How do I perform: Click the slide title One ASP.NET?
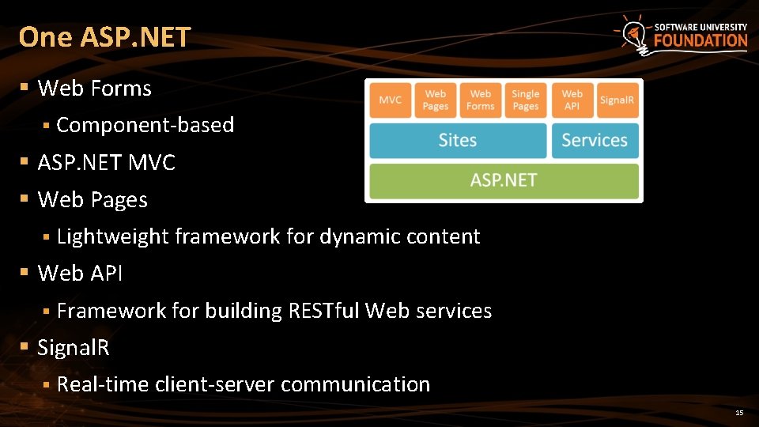pos(104,36)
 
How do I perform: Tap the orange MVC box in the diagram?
pos(391,100)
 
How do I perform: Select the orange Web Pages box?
pos(436,100)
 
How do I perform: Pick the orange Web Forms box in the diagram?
pos(481,100)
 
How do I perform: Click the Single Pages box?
pos(526,100)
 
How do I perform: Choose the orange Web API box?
pos(572,100)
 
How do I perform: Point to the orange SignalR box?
pos(617,100)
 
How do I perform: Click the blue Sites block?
pos(458,140)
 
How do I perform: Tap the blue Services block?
pos(595,140)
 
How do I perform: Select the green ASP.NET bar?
pos(504,180)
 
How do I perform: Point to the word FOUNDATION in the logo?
pos(700,40)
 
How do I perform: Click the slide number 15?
pos(739,413)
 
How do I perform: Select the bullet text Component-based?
pos(145,125)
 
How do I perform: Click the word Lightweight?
pos(113,236)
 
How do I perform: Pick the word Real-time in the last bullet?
pos(103,384)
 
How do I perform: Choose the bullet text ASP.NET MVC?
pos(107,163)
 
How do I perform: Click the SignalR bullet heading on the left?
pos(74,347)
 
